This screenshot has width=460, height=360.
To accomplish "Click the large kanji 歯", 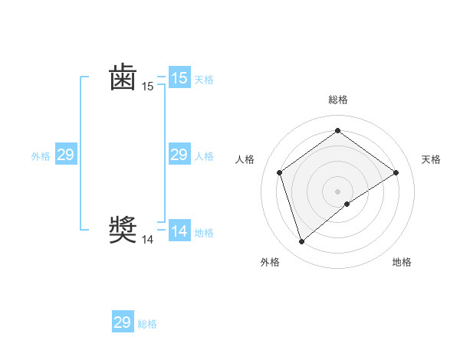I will point(123,78).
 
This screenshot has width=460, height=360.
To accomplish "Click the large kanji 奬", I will point(123,230).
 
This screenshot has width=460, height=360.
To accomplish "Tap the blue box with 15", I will point(179,78).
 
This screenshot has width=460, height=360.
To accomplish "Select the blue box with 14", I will point(179,231).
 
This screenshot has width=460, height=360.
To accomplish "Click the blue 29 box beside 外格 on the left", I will point(66,155).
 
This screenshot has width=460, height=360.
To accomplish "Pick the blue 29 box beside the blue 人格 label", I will point(179,155).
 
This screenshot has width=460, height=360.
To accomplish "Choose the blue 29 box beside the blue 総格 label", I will point(123,322).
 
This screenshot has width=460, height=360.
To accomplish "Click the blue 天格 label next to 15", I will point(204,80).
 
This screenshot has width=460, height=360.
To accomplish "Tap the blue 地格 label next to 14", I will point(204,233).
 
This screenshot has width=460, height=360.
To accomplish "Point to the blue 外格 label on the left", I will point(41,156).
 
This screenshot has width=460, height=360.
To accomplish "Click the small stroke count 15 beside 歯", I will point(147,87).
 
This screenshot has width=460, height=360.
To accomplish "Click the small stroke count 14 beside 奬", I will point(147,240).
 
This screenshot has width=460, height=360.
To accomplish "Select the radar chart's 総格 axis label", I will point(337,100).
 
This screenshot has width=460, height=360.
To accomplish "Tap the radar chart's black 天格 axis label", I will point(432,159).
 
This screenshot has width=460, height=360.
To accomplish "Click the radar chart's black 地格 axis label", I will point(402,262).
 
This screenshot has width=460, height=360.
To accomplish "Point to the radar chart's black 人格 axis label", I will point(245,159).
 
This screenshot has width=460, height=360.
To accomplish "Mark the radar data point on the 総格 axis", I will point(337,131).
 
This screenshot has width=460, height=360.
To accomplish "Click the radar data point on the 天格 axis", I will point(396,172).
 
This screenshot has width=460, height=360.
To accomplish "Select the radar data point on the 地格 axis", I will point(347,204).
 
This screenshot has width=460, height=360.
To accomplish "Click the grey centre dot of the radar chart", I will point(337,191).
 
